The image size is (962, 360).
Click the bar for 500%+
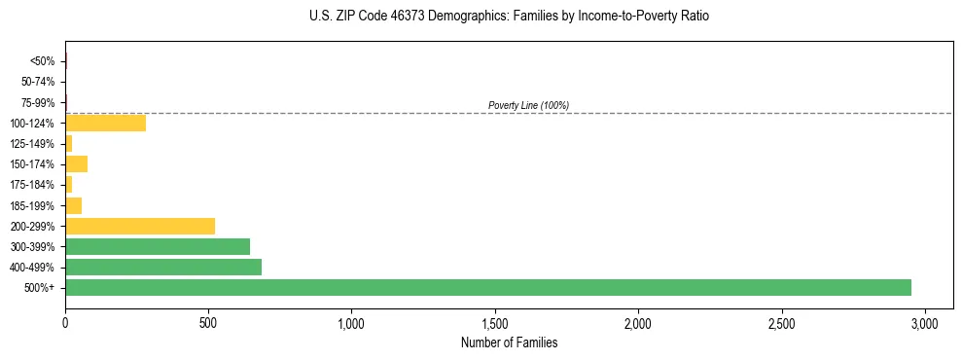(488, 287)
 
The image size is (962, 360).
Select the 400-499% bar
(163, 267)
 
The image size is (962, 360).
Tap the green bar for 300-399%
(158, 246)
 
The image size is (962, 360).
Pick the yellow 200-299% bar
(140, 226)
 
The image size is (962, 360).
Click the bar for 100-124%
(105, 123)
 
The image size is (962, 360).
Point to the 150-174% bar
(76, 163)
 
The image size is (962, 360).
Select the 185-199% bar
(73, 205)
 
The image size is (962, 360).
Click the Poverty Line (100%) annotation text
(528, 105)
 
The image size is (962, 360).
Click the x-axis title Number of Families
(509, 342)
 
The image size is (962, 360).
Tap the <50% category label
(43, 61)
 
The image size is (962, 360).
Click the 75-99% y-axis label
(39, 102)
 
